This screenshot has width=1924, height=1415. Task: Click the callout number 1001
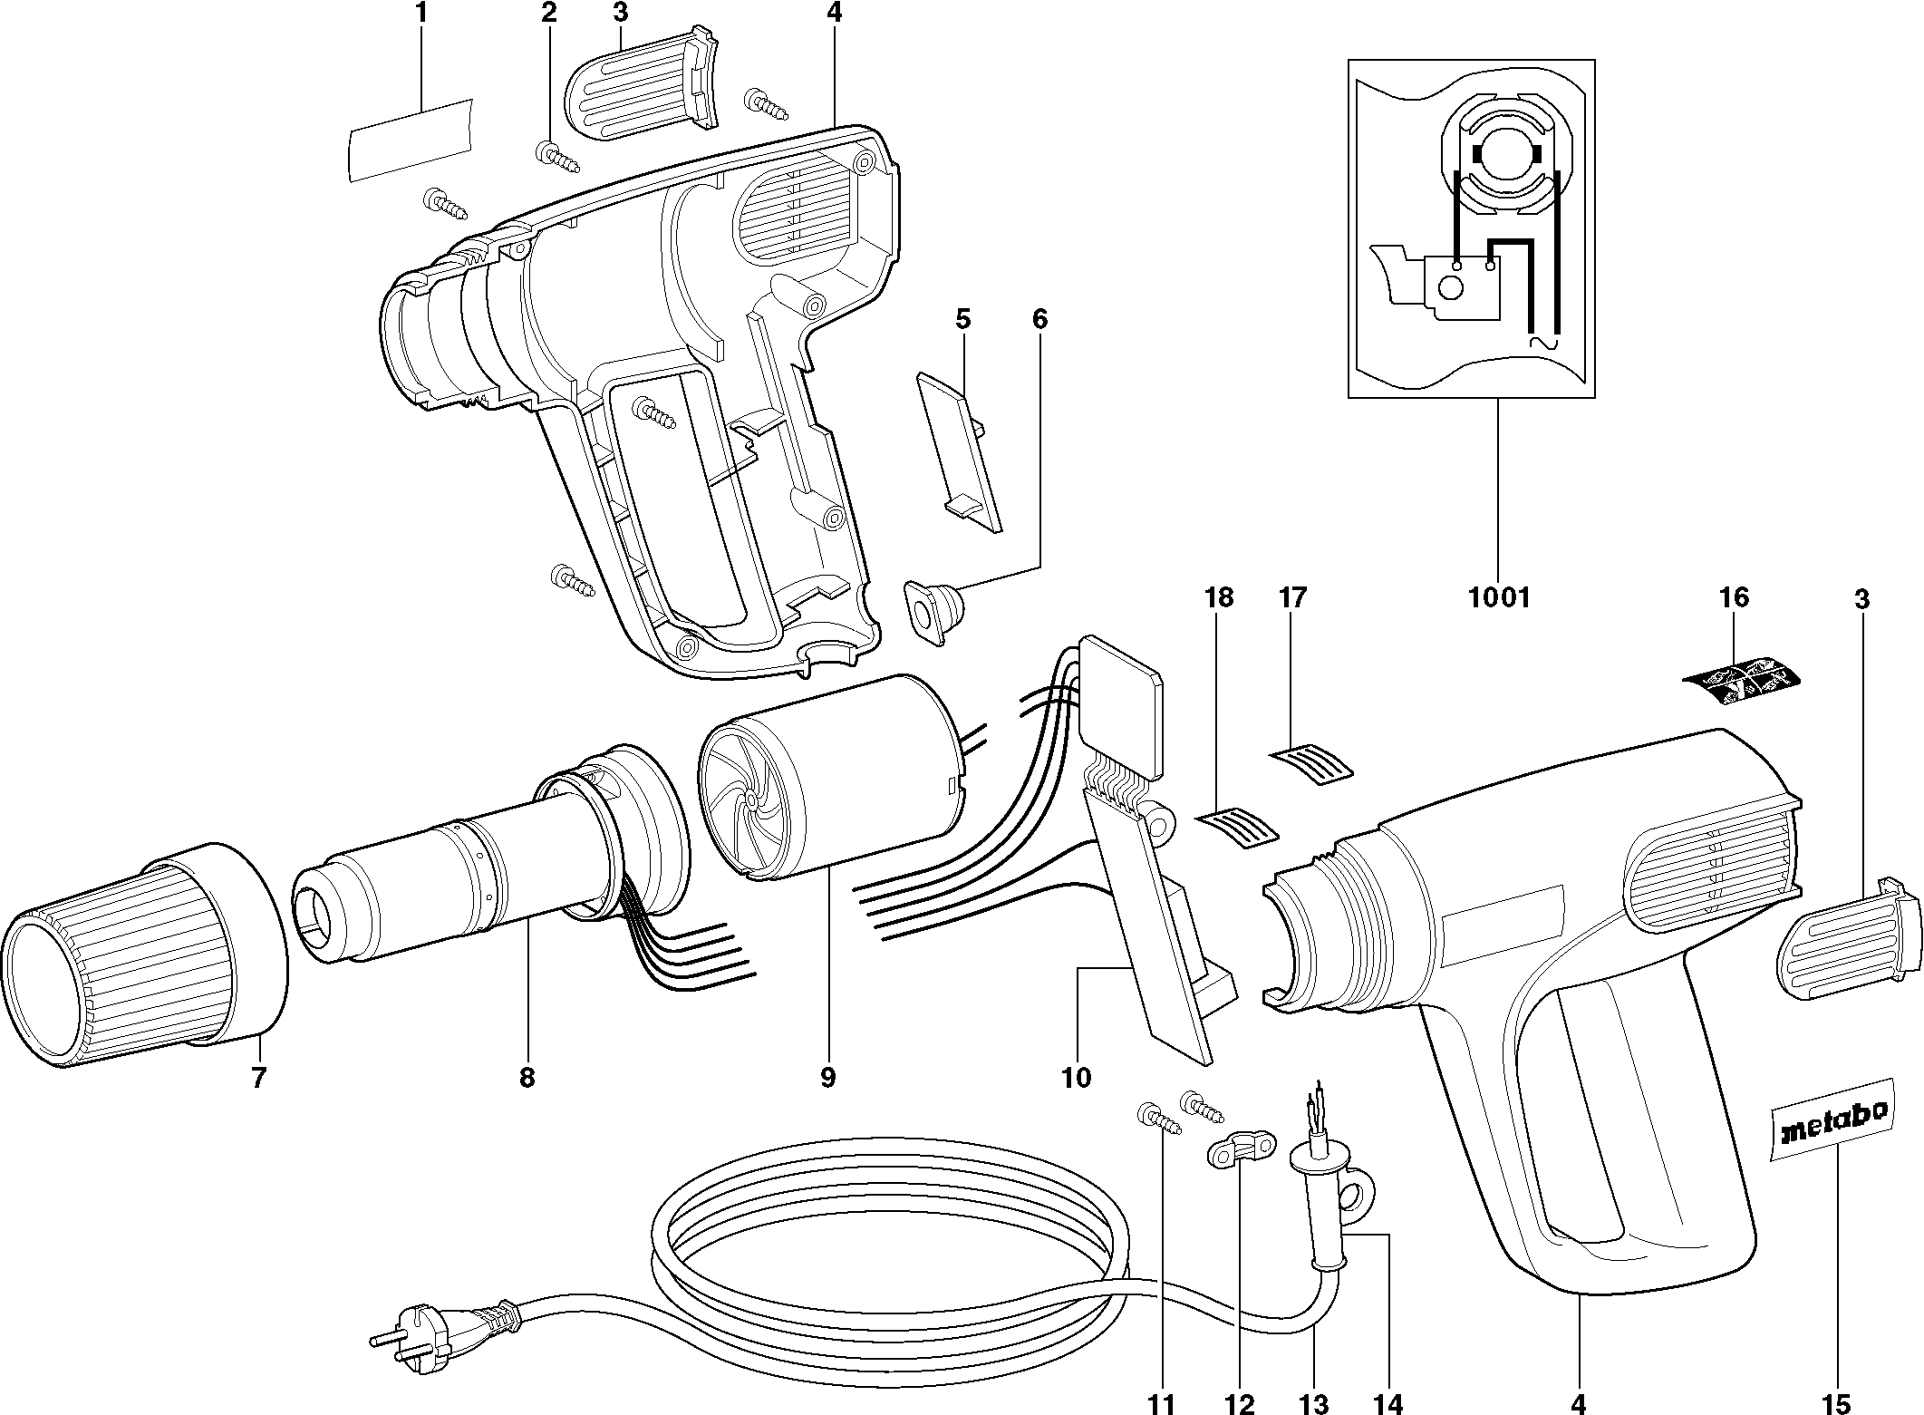coord(1498,597)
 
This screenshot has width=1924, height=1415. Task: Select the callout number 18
coord(1219,597)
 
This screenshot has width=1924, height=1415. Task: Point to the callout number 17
coord(1292,597)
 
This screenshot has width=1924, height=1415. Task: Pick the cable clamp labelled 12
coord(1239,1150)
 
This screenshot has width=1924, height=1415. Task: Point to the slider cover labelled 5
coord(961,453)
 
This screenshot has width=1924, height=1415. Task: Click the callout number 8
coord(527,1078)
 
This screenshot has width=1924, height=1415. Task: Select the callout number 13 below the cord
coord(1314,1404)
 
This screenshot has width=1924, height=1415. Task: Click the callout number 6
coord(1039,319)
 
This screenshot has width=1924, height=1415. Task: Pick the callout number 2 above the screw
coord(547,13)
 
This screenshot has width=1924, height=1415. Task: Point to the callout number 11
coord(1161,1404)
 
